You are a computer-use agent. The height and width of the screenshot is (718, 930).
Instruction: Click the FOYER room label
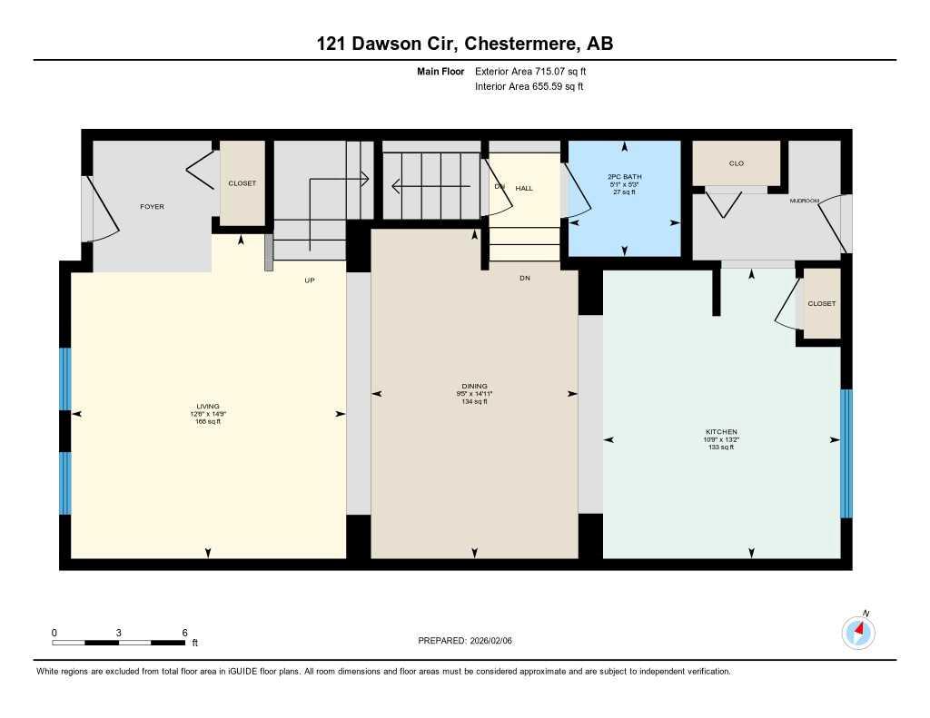(152, 207)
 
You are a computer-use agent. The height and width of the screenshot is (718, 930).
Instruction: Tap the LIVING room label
(208, 406)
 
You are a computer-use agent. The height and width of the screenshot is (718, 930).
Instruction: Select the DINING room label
(473, 386)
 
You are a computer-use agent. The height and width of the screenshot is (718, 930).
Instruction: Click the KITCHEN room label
(721, 431)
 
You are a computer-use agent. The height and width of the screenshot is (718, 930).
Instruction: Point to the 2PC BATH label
(624, 177)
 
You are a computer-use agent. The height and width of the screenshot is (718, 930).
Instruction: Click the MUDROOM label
(804, 200)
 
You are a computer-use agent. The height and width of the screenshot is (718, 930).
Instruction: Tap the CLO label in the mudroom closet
(736, 163)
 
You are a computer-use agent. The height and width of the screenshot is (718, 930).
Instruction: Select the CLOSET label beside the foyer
(242, 183)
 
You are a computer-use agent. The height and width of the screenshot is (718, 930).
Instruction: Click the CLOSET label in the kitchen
(821, 303)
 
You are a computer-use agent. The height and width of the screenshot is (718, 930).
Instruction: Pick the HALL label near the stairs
(524, 188)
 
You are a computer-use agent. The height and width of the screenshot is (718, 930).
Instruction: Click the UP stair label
(309, 280)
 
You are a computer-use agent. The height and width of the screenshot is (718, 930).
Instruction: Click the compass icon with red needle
(858, 631)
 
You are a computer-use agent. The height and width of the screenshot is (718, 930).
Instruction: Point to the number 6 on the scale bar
(184, 633)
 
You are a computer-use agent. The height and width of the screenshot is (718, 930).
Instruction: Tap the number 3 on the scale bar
(119, 633)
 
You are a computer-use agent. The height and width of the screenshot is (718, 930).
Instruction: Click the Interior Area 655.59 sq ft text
(529, 87)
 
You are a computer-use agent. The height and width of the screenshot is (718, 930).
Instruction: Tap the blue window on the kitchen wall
(846, 453)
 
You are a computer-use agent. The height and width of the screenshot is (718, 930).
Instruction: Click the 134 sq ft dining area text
(473, 401)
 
